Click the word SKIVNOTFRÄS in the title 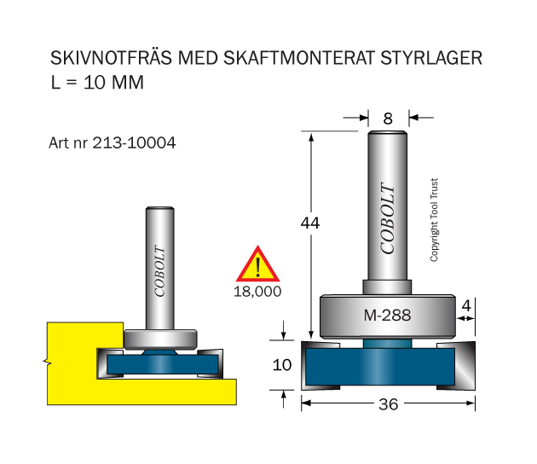(x=111, y=57)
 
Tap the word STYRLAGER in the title (x=431, y=57)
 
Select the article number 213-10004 (x=134, y=142)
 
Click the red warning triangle (x=257, y=264)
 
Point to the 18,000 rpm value (x=257, y=292)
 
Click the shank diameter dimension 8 (x=388, y=119)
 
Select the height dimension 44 (x=310, y=223)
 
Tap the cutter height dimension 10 (x=282, y=364)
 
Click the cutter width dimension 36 (x=389, y=404)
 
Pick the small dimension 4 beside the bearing (x=466, y=305)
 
